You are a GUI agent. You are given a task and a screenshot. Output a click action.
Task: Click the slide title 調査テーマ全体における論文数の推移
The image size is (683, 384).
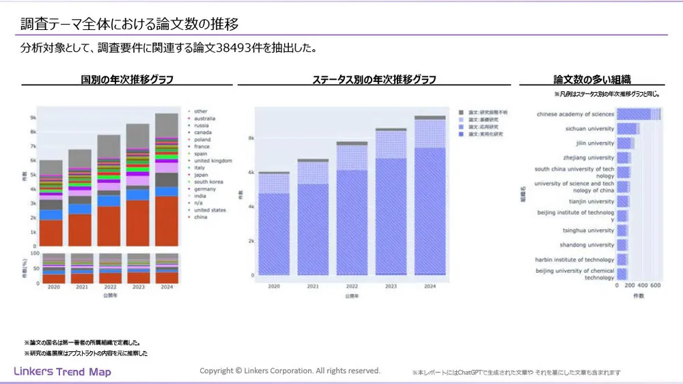[129, 25]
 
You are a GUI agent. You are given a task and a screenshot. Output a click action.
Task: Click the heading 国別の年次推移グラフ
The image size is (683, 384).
[127, 80]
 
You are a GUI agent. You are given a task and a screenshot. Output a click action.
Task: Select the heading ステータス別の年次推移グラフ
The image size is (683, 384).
[374, 80]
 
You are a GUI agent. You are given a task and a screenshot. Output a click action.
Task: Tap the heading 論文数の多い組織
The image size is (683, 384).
[592, 80]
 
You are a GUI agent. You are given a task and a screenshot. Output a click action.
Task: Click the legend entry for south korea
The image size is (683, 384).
[209, 181]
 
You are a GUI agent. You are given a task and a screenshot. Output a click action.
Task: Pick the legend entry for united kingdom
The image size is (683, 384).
[212, 160]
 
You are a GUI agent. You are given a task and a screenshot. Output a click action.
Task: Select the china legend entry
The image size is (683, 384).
[201, 217]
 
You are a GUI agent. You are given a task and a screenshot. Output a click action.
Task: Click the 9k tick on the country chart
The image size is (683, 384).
[33, 118]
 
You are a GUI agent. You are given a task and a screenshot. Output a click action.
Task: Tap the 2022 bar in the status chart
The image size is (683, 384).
[352, 208]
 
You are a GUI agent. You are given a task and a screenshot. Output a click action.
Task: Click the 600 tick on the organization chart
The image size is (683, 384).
[655, 287]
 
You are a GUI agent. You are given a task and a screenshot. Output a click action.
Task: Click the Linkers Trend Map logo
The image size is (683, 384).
[63, 372]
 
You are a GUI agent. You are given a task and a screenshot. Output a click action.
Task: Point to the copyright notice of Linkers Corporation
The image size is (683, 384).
[290, 370]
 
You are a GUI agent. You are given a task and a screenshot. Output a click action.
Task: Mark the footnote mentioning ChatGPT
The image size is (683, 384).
[516, 373]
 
